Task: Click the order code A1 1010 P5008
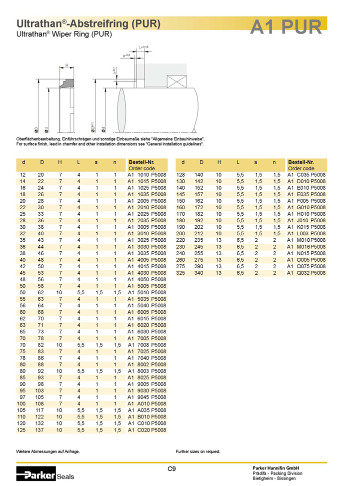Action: click(x=146, y=175)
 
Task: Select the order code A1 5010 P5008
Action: click(x=146, y=292)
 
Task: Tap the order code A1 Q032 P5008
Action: click(x=306, y=273)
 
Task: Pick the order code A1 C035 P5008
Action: click(x=306, y=175)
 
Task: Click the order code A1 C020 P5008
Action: click(x=146, y=430)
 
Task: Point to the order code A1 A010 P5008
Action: click(x=146, y=404)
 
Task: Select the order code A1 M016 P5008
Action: click(x=306, y=247)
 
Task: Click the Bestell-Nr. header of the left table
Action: click(x=141, y=162)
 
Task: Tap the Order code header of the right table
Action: click(x=300, y=168)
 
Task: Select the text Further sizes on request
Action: click(x=198, y=451)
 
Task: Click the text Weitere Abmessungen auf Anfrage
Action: click(x=48, y=451)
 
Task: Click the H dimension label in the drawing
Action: click(x=66, y=65)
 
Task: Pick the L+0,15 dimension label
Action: click(x=144, y=47)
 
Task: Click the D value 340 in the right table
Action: click(x=201, y=273)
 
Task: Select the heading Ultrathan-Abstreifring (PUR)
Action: click(x=88, y=24)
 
